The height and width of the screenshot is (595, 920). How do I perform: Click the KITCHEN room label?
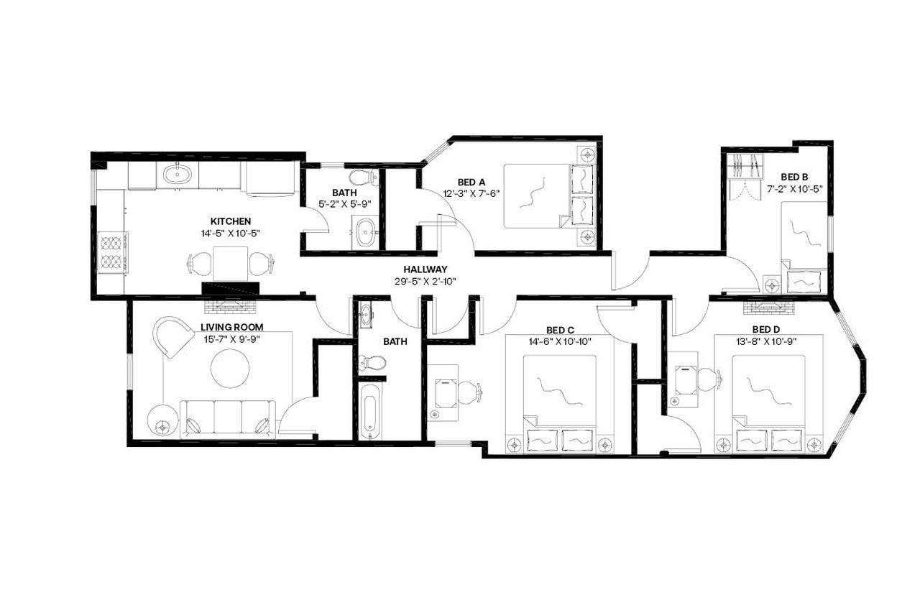tap(230, 221)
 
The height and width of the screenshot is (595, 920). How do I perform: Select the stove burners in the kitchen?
tap(111, 252)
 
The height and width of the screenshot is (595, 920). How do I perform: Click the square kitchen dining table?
tap(230, 263)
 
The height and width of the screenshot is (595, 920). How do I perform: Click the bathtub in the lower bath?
tap(369, 411)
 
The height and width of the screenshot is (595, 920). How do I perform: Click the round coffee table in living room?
tap(230, 368)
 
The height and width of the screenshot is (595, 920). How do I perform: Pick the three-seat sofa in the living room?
tap(227, 419)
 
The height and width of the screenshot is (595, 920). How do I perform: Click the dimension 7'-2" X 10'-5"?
tap(795, 189)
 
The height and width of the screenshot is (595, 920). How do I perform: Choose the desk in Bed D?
tap(684, 379)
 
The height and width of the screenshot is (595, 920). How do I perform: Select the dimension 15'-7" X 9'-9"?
tap(230, 339)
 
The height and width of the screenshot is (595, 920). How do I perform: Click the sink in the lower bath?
tap(367, 313)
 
